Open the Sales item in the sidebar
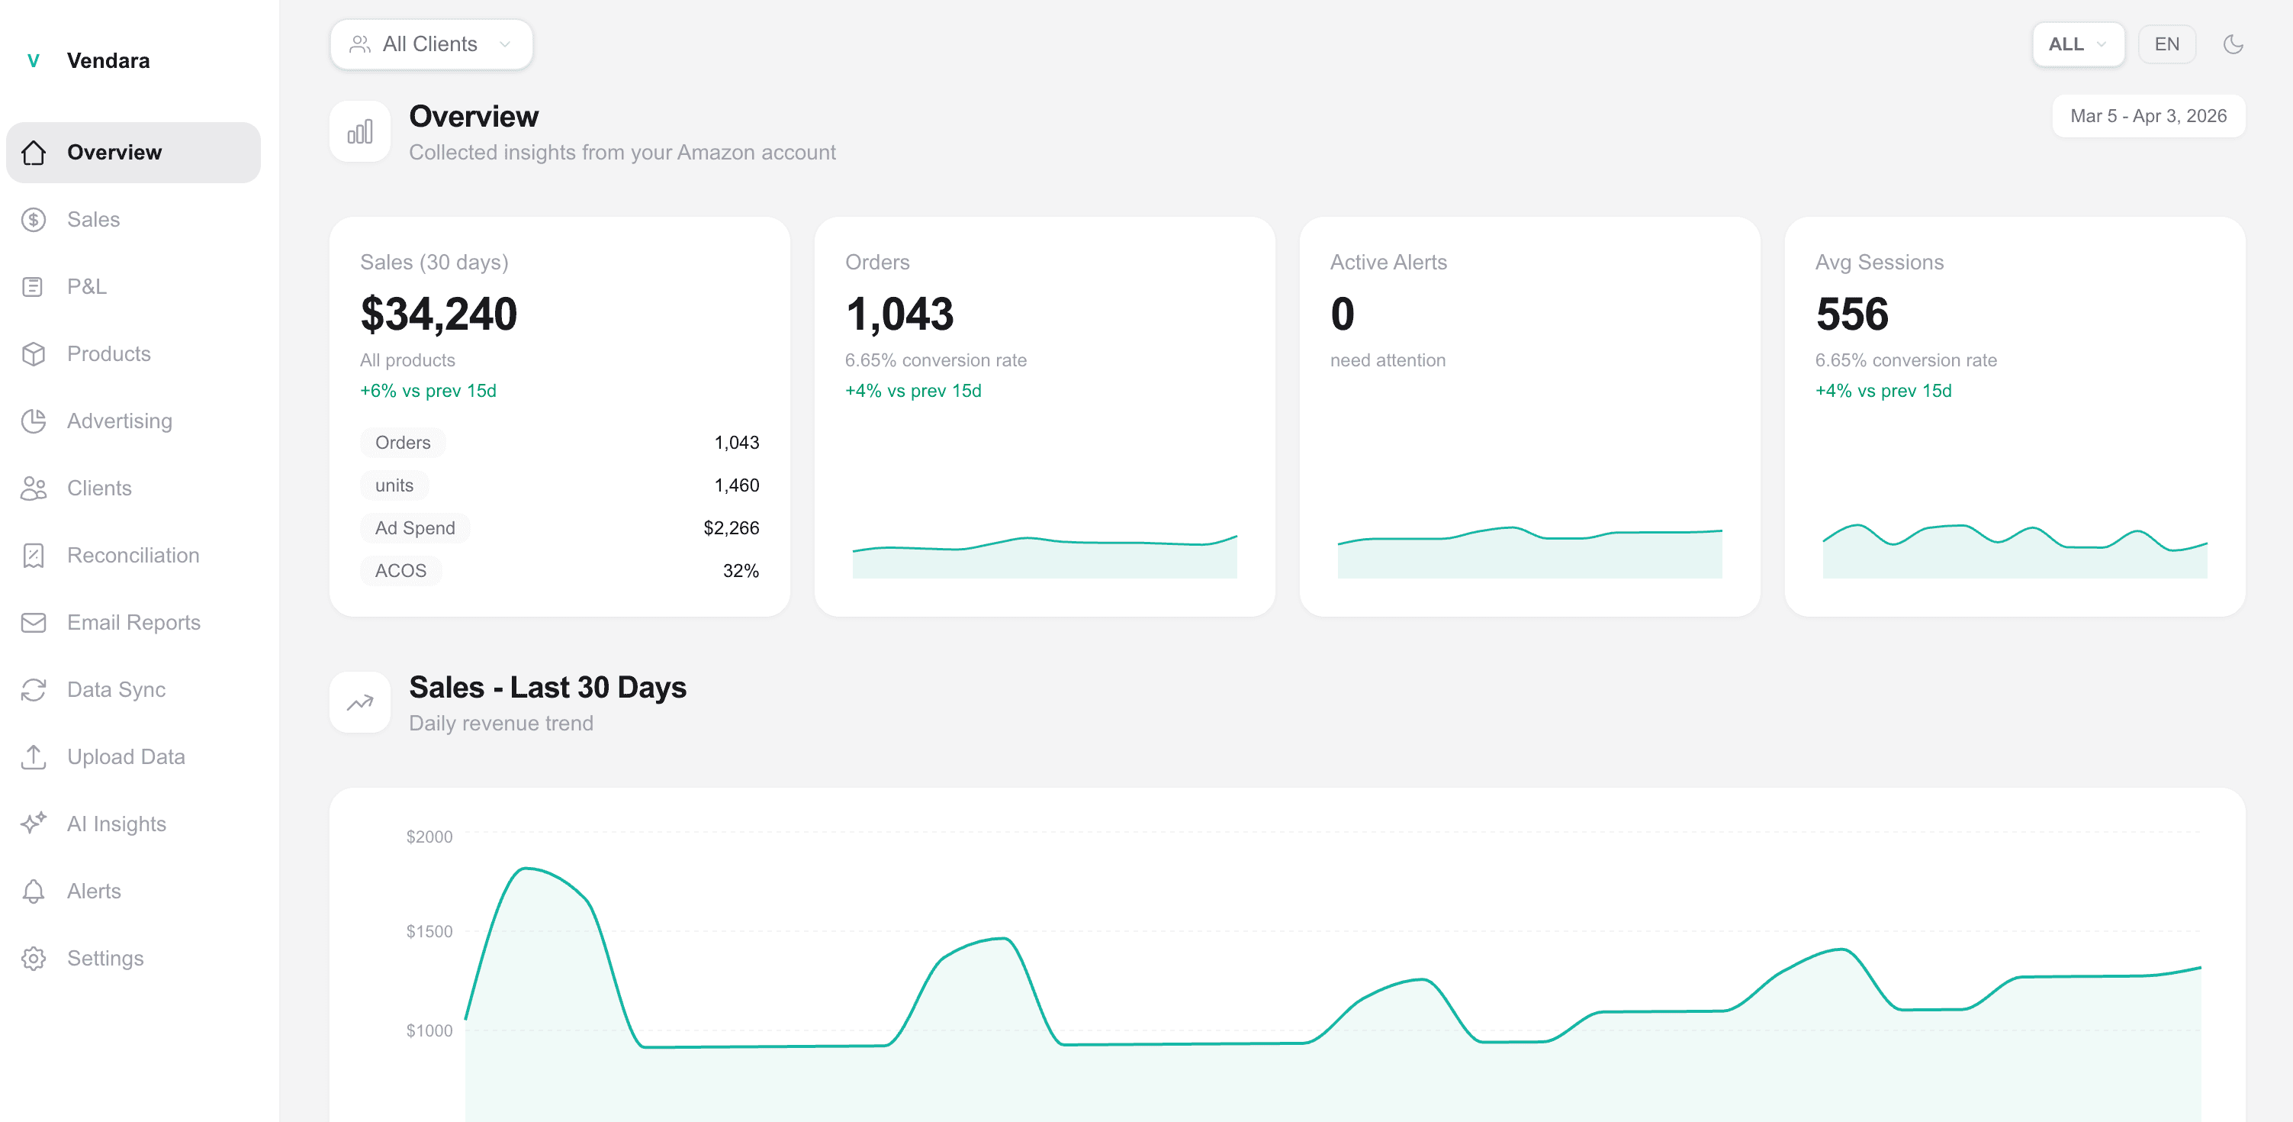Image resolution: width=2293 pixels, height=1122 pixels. pos(92,219)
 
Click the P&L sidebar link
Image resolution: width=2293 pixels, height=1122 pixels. pos(86,287)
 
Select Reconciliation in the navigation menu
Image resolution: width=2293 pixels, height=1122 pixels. pos(133,556)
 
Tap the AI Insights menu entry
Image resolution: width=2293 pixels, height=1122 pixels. pos(116,824)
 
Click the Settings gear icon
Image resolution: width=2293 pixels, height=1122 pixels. pos(34,958)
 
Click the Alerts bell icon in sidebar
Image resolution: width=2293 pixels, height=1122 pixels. pos(34,891)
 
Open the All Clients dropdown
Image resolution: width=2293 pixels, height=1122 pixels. pos(431,44)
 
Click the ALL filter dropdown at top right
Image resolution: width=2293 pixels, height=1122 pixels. pos(2076,44)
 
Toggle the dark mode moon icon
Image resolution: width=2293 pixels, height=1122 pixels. pos(2233,44)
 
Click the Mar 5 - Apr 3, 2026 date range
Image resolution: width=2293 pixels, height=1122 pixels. pos(2147,117)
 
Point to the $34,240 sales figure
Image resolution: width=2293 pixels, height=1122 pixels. pos(438,314)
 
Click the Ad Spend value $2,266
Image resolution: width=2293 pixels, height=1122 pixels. pos(731,528)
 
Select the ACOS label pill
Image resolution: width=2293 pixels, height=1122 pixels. pos(400,571)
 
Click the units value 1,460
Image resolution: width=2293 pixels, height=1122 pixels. pos(736,485)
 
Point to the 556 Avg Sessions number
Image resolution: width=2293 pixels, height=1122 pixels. pos(1851,314)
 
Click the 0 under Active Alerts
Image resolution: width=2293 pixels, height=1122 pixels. pos(1343,314)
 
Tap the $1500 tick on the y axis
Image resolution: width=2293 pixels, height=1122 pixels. pos(429,931)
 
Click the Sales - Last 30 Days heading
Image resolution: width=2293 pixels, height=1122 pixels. pos(548,688)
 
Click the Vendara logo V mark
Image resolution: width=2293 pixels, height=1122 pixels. pos(34,60)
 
